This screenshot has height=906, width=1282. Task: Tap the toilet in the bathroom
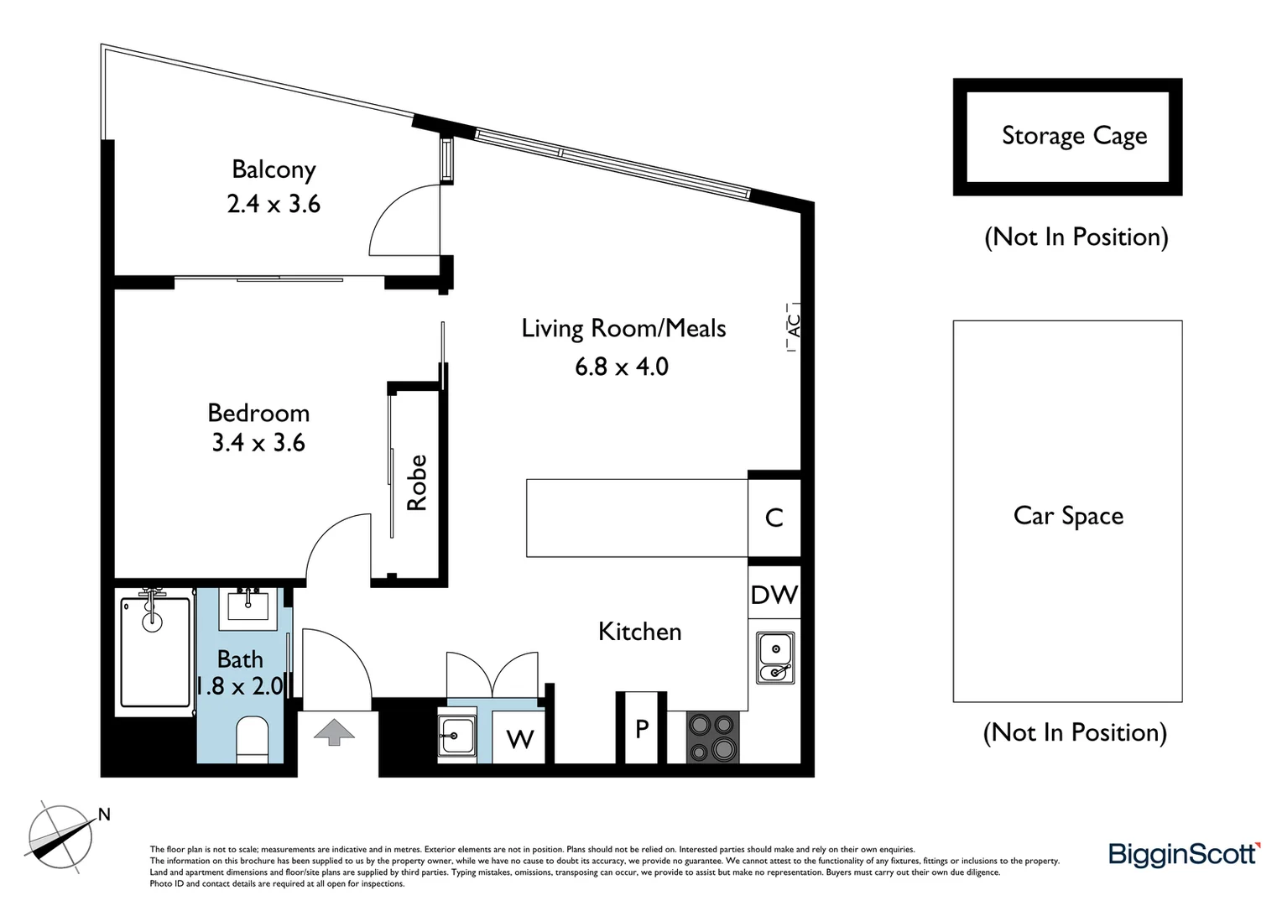pyautogui.click(x=252, y=737)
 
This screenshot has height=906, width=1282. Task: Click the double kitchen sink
pyautogui.click(x=775, y=658)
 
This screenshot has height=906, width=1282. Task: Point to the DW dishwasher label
pyautogui.click(x=774, y=595)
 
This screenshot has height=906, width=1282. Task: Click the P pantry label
pyautogui.click(x=642, y=729)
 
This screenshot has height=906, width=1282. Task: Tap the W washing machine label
pyautogui.click(x=520, y=739)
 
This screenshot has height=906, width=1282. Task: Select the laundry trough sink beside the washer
pyautogui.click(x=457, y=736)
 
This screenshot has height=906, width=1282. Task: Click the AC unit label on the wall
pyautogui.click(x=794, y=325)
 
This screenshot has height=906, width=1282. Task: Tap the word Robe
pyautogui.click(x=417, y=482)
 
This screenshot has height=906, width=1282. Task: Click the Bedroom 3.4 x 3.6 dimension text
pyautogui.click(x=258, y=443)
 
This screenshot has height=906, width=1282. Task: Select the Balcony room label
pyautogui.click(x=274, y=169)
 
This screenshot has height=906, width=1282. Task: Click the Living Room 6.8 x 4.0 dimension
pyautogui.click(x=622, y=367)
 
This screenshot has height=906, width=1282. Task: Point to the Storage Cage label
pyautogui.click(x=1074, y=136)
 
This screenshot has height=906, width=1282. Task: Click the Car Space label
pyautogui.click(x=1068, y=515)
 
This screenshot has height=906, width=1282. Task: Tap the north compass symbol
pyautogui.click(x=60, y=836)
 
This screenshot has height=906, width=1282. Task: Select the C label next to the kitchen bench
pyautogui.click(x=774, y=518)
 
